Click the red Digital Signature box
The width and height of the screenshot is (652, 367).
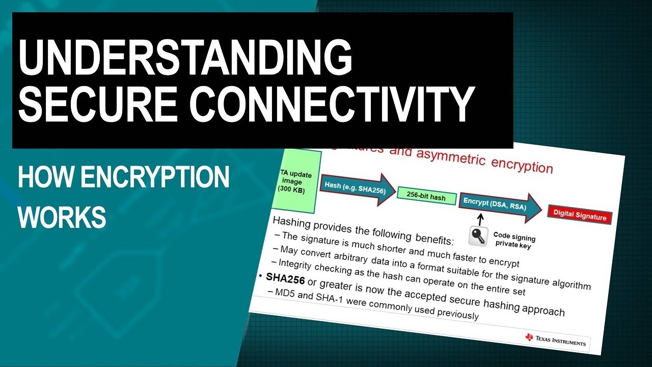(x=580, y=216)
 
